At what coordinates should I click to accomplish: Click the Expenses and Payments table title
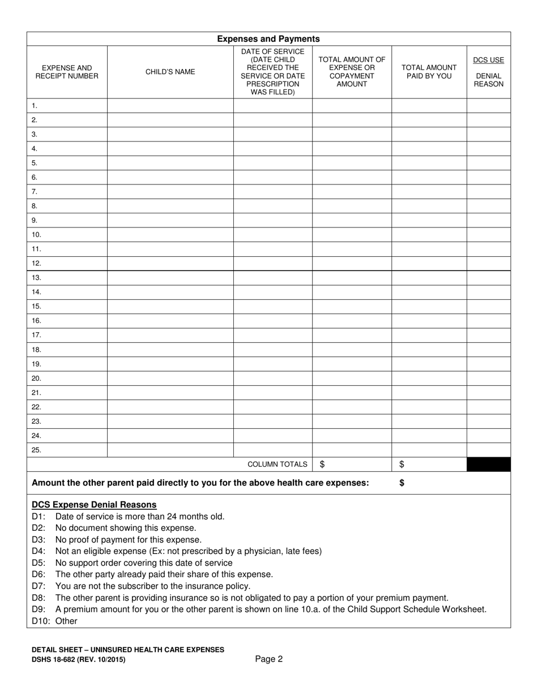point(268,39)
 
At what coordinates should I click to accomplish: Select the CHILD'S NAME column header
point(170,72)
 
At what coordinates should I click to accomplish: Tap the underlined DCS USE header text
point(488,60)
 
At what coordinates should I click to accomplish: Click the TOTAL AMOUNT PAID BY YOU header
point(429,72)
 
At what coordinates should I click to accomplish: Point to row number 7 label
point(35,191)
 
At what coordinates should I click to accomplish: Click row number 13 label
point(36,278)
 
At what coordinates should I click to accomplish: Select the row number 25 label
point(36,450)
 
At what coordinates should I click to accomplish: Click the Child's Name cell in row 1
point(170,106)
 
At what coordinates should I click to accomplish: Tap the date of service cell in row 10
point(272,235)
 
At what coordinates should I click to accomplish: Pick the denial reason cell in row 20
point(488,379)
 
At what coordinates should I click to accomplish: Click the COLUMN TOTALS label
point(277,465)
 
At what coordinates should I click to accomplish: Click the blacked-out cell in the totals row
point(488,465)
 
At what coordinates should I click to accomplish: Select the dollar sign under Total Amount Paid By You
point(402,465)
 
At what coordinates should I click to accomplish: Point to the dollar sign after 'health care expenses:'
point(402,483)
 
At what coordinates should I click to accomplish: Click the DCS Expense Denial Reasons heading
point(94,505)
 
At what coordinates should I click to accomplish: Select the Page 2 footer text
point(268,659)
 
